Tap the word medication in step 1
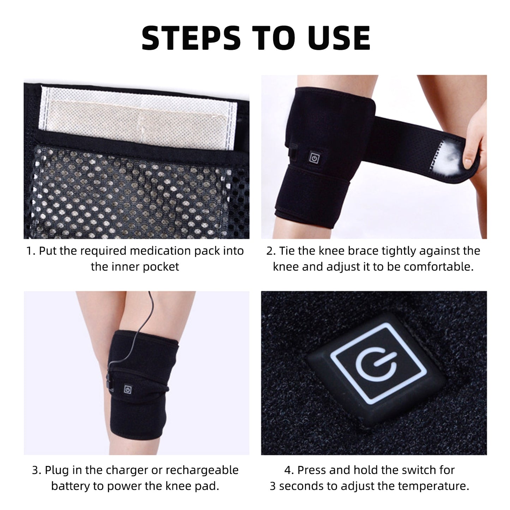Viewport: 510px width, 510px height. pyautogui.click(x=160, y=251)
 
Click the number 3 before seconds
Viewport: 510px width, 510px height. pyautogui.click(x=273, y=486)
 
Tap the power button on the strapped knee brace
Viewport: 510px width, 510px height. pyautogui.click(x=314, y=158)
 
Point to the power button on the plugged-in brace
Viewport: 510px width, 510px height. pyautogui.click(x=127, y=389)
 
